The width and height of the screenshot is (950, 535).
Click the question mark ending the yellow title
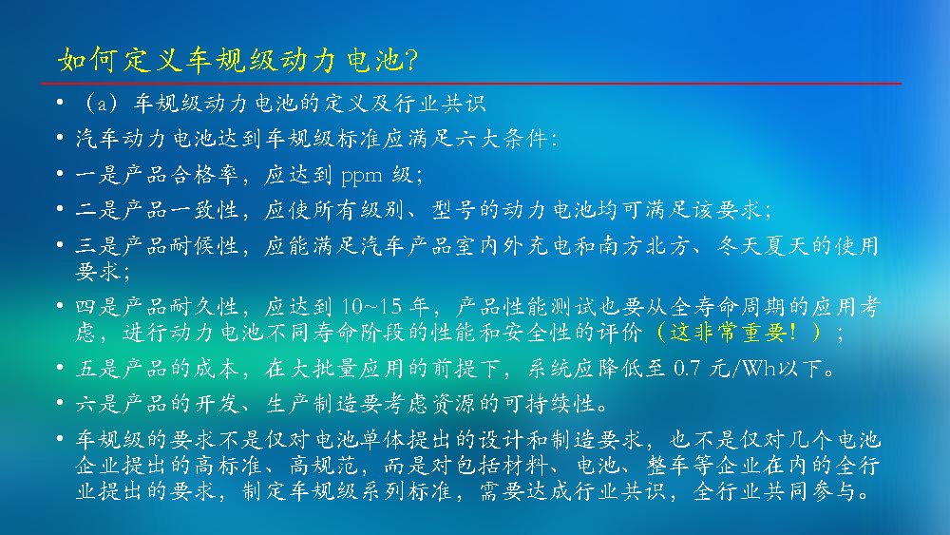pyautogui.click(x=410, y=60)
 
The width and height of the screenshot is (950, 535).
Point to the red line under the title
pyautogui.click(x=471, y=83)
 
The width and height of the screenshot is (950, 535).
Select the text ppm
pyautogui.click(x=362, y=177)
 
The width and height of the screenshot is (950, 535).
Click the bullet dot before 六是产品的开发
pyautogui.click(x=60, y=402)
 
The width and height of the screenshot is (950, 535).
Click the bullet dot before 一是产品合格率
pyautogui.click(x=60, y=174)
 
